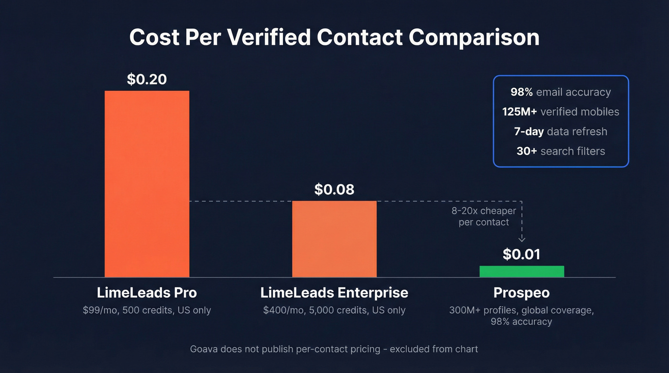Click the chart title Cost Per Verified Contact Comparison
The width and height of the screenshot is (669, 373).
pos(334,38)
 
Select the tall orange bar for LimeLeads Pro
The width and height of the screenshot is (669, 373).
pos(147,184)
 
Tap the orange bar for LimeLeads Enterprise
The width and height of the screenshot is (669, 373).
pos(334,239)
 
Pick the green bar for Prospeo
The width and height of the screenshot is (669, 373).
pos(521,271)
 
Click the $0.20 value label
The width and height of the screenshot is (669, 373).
pos(147,79)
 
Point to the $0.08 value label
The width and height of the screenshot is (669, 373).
pos(334,190)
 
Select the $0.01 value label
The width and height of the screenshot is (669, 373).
pos(521,254)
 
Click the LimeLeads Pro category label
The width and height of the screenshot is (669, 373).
pos(147,292)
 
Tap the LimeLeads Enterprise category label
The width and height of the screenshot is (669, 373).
pos(334,292)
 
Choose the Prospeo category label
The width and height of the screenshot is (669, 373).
pos(521,292)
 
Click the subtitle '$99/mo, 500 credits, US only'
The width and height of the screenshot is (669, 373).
pos(147,310)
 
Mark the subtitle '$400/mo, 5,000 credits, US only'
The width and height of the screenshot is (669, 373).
pos(334,310)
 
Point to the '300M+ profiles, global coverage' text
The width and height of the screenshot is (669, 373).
pos(521,310)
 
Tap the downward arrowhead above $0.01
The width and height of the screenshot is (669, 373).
pos(522,238)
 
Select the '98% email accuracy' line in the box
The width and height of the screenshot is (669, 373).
pos(561,92)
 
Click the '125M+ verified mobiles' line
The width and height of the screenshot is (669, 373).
pos(561,112)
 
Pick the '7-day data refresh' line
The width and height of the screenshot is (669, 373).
pos(561,131)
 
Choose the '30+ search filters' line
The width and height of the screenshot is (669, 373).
pos(561,151)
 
